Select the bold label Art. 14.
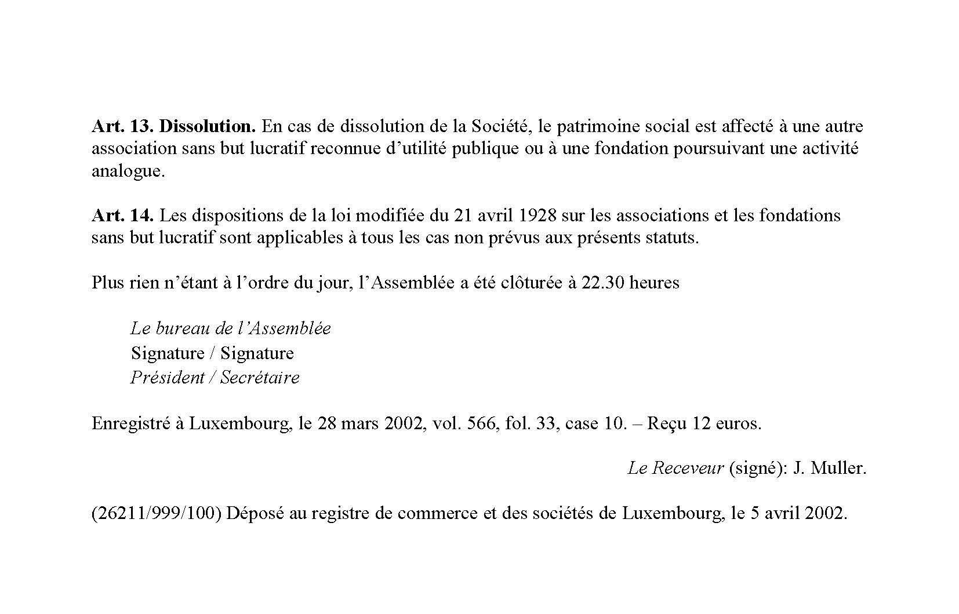122,215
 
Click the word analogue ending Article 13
128,172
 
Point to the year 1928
535,215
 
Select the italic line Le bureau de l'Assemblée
231,328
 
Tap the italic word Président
167,378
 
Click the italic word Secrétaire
260,378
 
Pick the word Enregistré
130,423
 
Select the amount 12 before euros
702,423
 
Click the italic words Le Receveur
675,468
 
